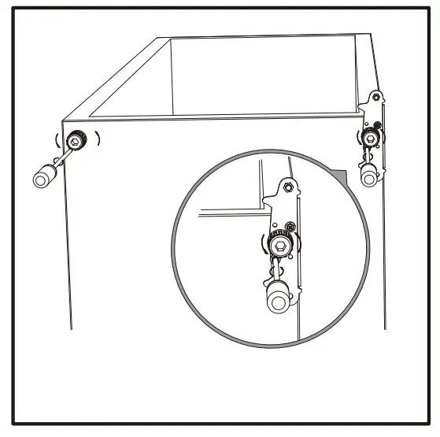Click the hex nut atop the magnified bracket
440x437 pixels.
pos(287,187)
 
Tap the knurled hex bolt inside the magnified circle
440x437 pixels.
pos(279,247)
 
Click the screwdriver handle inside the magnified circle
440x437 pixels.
pos(278,301)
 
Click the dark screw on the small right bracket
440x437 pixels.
pos(378,125)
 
